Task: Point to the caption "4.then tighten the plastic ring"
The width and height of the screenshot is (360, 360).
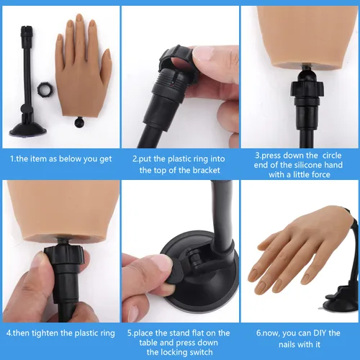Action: (60, 333)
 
